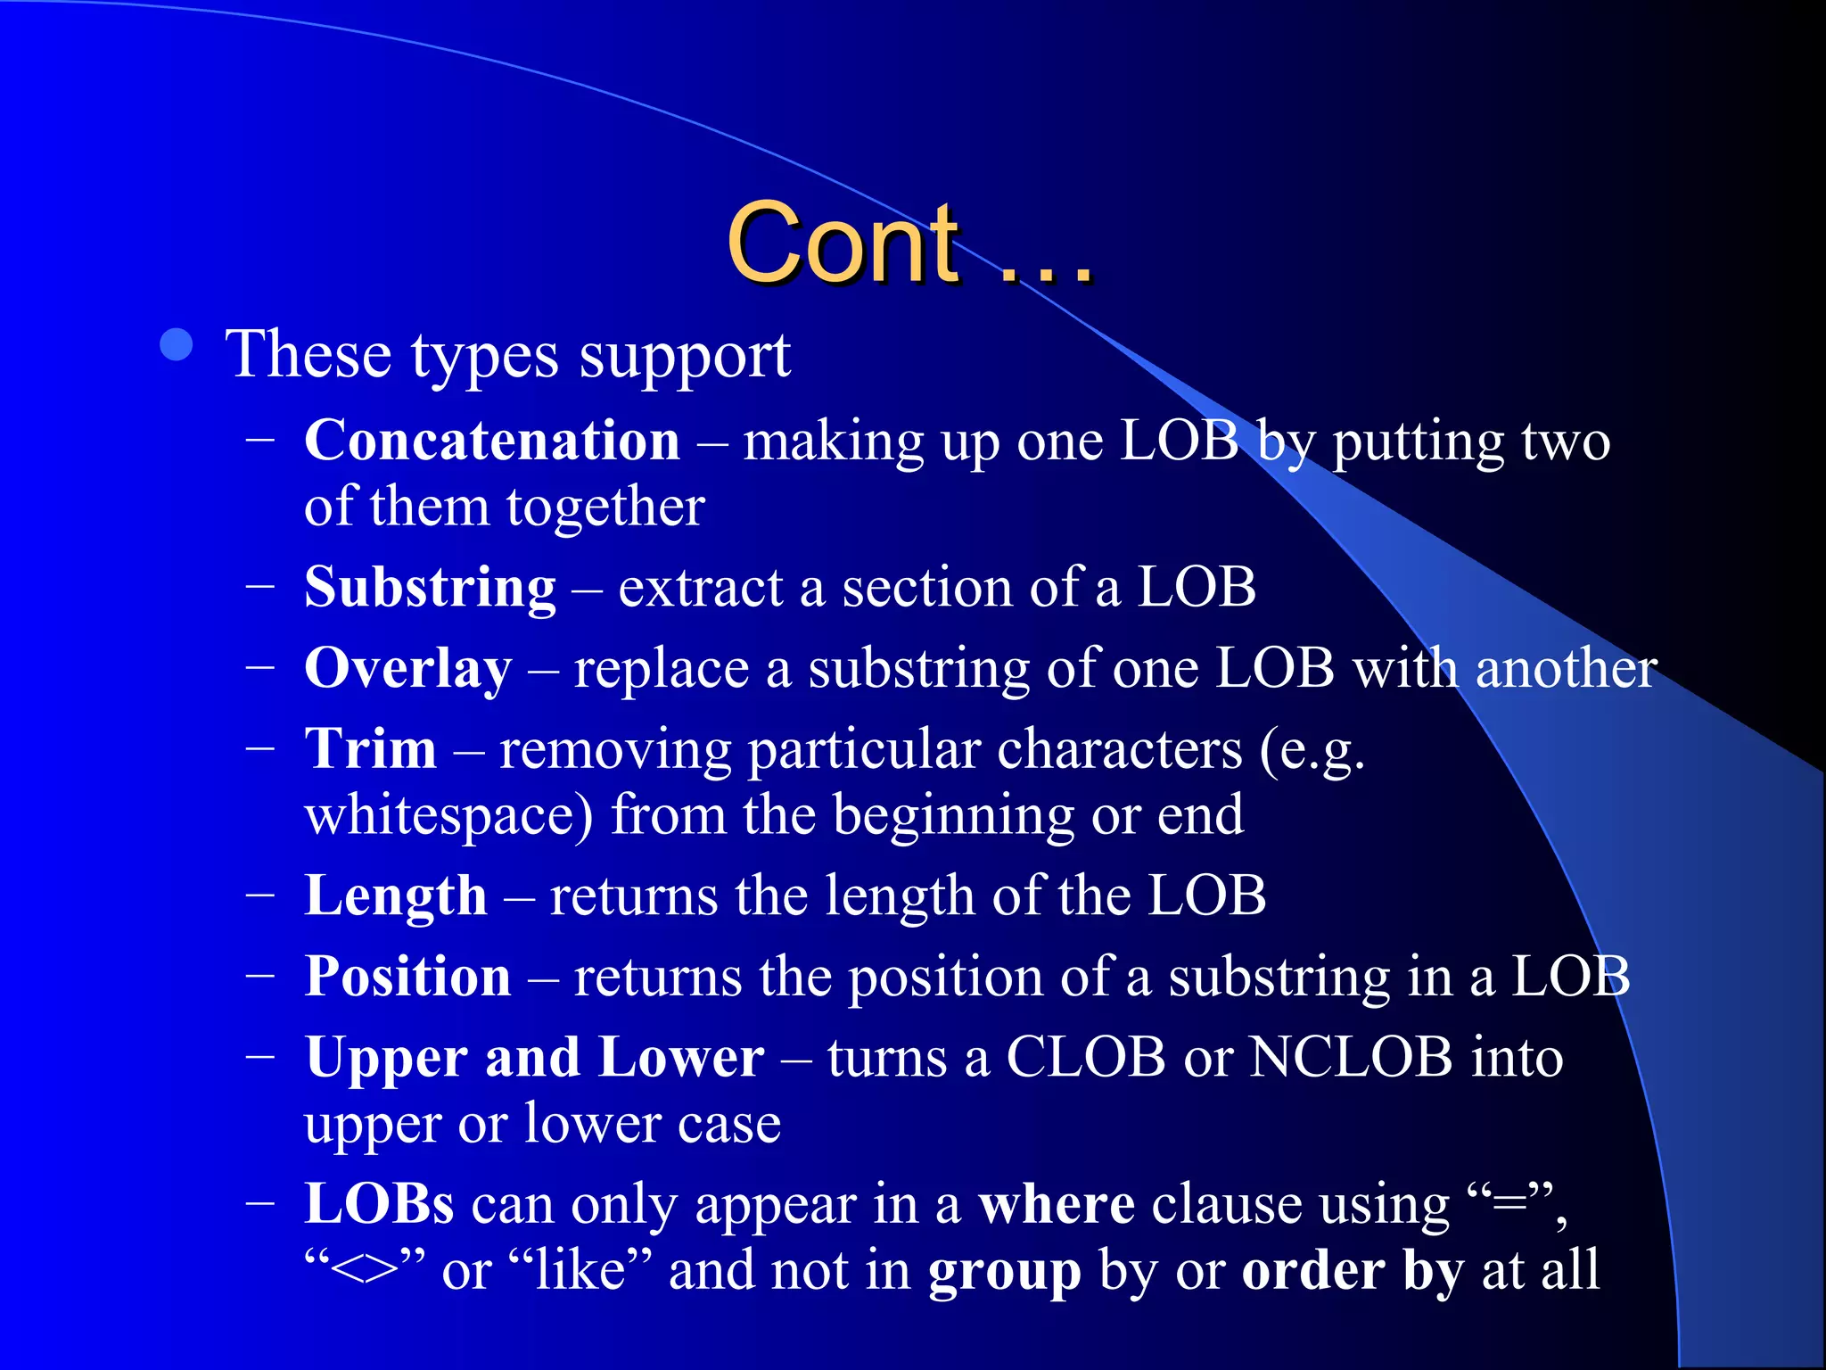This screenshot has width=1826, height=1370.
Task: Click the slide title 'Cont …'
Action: (909, 243)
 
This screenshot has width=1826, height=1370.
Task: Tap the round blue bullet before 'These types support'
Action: (177, 345)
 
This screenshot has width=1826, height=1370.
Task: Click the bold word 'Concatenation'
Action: (492, 441)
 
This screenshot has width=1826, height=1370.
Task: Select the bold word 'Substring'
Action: (430, 589)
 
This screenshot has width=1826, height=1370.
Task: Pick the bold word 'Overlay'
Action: (407, 669)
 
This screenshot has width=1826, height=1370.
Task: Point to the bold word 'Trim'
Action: (370, 748)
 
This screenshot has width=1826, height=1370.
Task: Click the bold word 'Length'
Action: (395, 895)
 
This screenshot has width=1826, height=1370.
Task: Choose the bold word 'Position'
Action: (407, 977)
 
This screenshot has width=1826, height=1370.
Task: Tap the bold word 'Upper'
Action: (385, 1059)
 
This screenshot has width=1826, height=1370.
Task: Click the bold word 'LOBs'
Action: (379, 1204)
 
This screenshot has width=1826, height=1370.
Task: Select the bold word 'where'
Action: (1056, 1204)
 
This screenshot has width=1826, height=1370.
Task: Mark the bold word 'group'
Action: (1004, 1271)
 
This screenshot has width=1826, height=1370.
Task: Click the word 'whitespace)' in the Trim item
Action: (448, 816)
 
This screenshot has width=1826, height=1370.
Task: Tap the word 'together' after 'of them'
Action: (605, 508)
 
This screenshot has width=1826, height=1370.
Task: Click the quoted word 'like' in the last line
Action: (580, 1271)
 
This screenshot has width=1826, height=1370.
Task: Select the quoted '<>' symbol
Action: (364, 1271)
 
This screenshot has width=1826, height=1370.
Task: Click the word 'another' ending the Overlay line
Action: (1566, 669)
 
